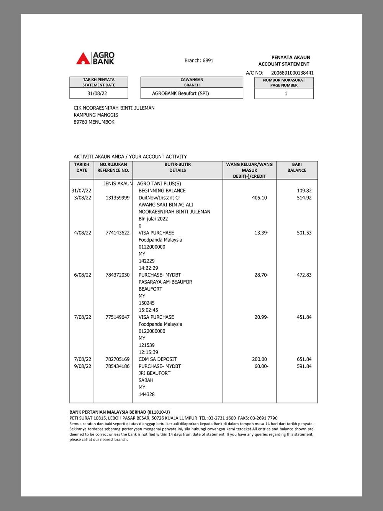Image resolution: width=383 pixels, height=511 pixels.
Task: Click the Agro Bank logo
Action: tap(95, 58)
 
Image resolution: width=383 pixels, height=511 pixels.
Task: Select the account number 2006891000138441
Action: tap(292, 73)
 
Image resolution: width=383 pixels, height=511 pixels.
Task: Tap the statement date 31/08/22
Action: tap(97, 93)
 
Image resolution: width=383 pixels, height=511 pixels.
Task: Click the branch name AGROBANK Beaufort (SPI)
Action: tap(180, 93)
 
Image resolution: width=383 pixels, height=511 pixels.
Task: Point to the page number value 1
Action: tap(286, 93)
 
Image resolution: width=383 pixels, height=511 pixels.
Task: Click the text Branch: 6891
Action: tap(199, 61)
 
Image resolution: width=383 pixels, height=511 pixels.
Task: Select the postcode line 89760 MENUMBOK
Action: tap(94, 122)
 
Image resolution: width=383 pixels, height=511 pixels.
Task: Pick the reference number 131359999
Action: tap(118, 198)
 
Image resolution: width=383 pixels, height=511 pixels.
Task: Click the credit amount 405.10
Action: tap(259, 198)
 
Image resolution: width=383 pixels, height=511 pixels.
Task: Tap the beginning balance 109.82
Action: tap(304, 191)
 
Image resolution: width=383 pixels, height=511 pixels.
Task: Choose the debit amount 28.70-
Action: tap(261, 275)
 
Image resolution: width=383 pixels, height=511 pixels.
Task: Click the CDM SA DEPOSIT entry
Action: tap(158, 359)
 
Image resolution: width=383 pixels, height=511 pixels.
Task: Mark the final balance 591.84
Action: tap(304, 367)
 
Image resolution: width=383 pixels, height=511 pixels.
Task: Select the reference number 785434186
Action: tap(118, 367)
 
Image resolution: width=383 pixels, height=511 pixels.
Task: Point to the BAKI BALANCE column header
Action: tap(297, 167)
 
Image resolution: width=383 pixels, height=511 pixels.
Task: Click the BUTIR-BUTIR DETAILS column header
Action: tap(178, 167)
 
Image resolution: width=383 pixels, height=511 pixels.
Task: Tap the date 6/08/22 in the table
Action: tap(83, 275)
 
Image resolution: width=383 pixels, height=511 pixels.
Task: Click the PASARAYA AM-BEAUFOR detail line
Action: tap(165, 282)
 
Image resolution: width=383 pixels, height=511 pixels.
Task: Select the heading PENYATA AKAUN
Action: tap(291, 57)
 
